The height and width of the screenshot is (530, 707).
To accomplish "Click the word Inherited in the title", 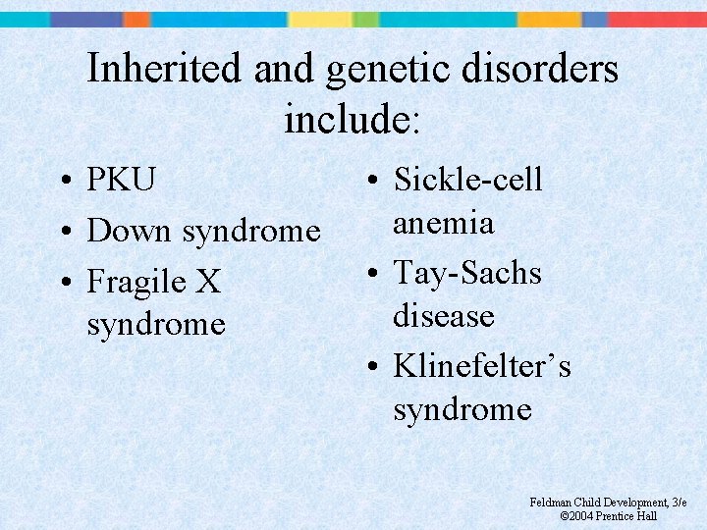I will [164, 70].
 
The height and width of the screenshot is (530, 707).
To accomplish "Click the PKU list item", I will [121, 181].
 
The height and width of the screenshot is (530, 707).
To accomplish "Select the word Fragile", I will [139, 283].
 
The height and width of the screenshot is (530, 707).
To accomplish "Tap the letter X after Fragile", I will [208, 283].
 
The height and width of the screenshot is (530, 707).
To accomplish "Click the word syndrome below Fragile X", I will [156, 324].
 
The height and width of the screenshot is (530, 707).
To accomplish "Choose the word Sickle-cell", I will [467, 181].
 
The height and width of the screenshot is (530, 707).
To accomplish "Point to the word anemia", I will [443, 224].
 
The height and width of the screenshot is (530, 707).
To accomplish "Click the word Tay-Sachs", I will [467, 273].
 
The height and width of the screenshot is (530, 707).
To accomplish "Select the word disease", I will [444, 316].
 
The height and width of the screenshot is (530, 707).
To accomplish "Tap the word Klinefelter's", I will [482, 366].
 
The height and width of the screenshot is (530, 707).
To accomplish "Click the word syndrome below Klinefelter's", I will [462, 409].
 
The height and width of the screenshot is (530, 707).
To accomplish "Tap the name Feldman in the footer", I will [550, 503].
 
